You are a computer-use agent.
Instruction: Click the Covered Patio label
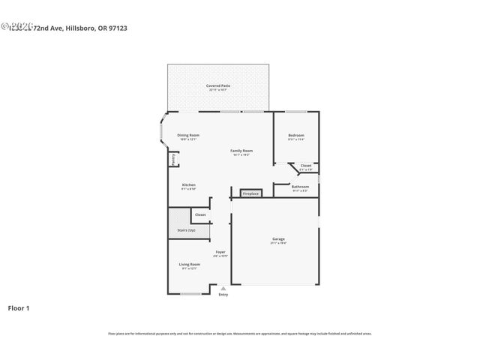(218, 86)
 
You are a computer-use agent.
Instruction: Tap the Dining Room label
(188, 135)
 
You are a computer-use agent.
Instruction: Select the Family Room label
(241, 151)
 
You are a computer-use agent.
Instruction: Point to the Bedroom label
(296, 136)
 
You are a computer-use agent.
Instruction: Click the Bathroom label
(300, 187)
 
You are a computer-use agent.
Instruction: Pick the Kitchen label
(189, 185)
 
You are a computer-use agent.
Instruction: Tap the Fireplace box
(250, 193)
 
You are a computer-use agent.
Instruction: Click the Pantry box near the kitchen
(173, 159)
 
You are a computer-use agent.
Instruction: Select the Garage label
(278, 239)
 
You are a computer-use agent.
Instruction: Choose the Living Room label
(189, 264)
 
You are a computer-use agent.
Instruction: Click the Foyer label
(220, 252)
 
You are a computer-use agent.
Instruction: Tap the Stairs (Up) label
(186, 230)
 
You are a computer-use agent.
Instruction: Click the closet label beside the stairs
(200, 214)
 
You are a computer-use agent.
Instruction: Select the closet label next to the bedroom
(306, 166)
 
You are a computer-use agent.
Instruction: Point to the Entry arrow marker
(223, 287)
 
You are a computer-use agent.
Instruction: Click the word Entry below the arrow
(223, 294)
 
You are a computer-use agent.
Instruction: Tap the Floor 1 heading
(19, 307)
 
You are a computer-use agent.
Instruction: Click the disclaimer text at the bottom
(240, 333)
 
